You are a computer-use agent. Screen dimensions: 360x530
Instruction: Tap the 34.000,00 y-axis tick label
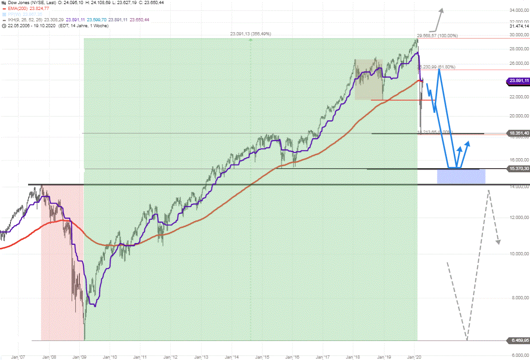tap(519, 10)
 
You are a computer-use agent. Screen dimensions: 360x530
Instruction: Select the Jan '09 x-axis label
tap(80, 357)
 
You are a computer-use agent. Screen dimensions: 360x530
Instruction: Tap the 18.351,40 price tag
tap(519, 133)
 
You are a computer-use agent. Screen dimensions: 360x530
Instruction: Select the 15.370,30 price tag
tap(519, 169)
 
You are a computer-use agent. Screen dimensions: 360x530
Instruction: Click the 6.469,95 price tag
tap(519, 340)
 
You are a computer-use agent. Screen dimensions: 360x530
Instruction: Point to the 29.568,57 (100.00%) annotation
tap(438, 35)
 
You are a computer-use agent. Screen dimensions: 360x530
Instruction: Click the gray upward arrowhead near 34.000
tap(441, 10)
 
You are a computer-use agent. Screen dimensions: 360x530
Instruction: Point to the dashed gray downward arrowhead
tap(498, 242)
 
